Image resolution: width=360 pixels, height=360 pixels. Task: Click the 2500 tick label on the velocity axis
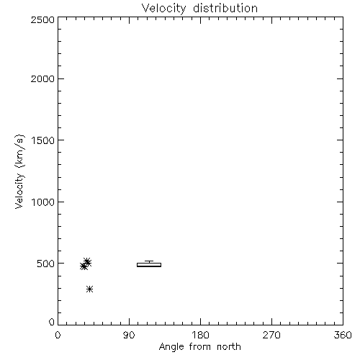pos(42,19)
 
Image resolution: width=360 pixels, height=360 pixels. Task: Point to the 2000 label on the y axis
pos(42,79)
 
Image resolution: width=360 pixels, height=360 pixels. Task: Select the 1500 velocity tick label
pos(43,140)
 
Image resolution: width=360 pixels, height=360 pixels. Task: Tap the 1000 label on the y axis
pos(43,202)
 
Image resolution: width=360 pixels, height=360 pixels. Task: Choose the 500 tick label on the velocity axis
pos(46,264)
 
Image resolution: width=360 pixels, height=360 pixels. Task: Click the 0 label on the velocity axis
pos(52,322)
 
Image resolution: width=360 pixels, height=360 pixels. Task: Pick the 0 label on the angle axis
pos(58,335)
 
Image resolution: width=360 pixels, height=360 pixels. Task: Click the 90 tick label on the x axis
pos(129,335)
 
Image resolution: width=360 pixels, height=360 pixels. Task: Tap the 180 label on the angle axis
pos(200,335)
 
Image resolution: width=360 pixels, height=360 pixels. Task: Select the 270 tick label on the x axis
pos(271,335)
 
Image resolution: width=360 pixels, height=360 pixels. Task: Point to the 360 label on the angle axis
pos(343,335)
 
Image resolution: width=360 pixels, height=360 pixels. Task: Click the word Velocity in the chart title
pos(163,9)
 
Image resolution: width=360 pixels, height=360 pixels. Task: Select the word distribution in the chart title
pos(225,8)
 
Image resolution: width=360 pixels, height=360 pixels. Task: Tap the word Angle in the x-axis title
pos(171,348)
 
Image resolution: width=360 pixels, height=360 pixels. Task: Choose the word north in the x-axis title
pos(229,347)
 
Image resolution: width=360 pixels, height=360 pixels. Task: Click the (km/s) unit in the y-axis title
pos(20,151)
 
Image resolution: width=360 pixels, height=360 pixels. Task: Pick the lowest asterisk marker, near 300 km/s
pos(89,289)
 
